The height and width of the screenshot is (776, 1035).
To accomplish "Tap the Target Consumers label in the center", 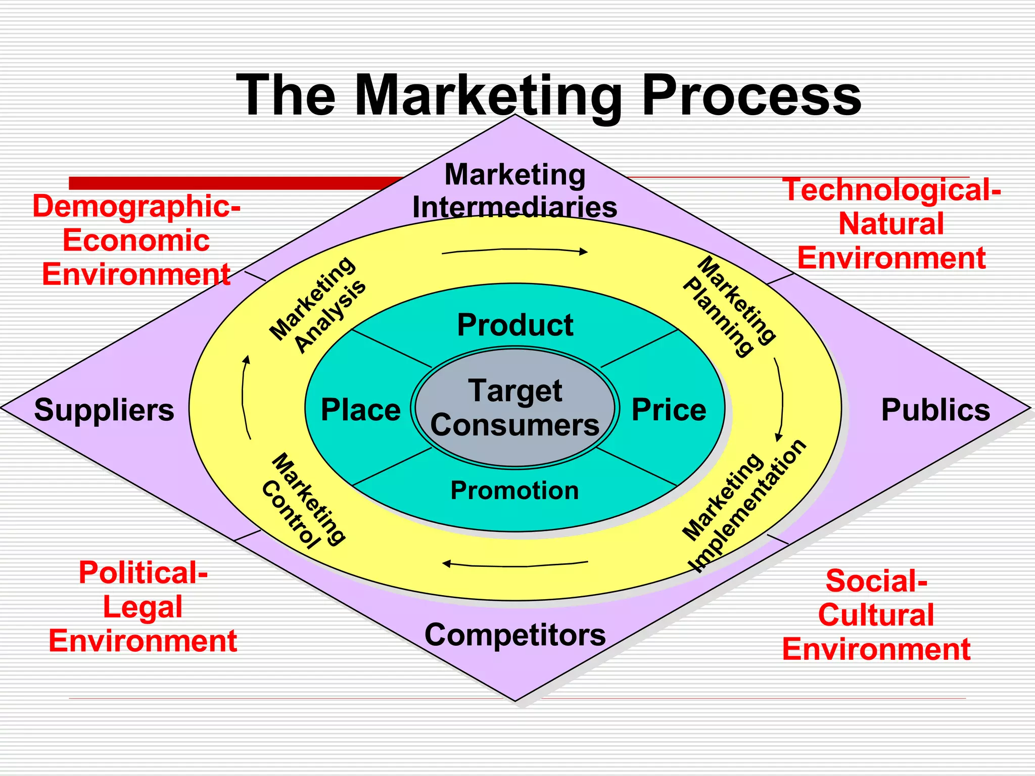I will (x=515, y=407).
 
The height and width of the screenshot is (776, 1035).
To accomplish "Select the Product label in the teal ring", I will (x=515, y=325).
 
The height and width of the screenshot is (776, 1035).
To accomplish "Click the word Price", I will (x=669, y=410).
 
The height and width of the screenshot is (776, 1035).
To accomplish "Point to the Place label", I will (x=360, y=410).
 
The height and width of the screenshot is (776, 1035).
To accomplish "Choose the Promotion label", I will (x=514, y=491).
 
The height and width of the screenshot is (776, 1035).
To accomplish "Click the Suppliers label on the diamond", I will (x=104, y=410).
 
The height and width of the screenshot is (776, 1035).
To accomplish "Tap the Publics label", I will (x=935, y=410).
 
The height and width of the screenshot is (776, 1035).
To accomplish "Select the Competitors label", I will (x=515, y=635).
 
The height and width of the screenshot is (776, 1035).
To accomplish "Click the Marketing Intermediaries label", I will (x=515, y=191).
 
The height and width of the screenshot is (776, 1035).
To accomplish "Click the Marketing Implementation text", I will (x=743, y=505).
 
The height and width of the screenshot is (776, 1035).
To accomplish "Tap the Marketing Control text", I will (x=304, y=500).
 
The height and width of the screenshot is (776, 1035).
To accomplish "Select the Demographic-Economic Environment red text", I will (x=136, y=240).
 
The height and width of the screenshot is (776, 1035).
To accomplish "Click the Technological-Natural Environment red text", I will (x=891, y=224).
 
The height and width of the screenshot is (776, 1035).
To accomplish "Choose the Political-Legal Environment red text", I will (x=143, y=607).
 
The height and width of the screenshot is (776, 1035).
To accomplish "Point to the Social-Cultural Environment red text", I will (x=876, y=615).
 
